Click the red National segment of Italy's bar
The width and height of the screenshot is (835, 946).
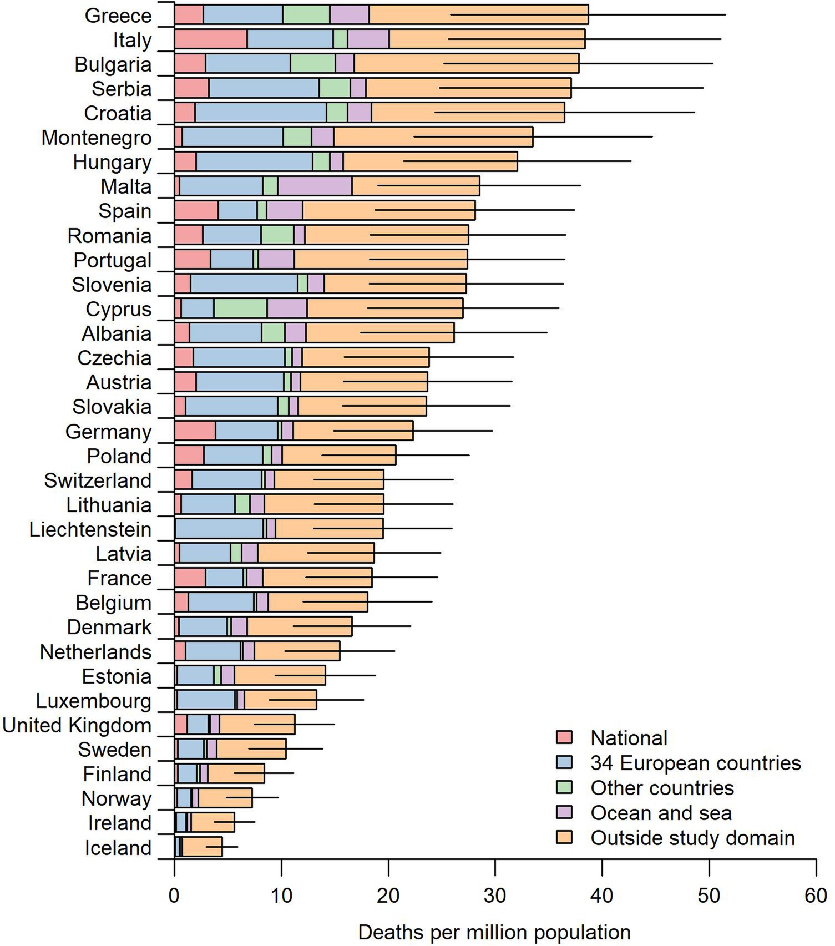tap(210, 39)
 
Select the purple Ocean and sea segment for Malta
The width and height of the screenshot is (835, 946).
tap(315, 186)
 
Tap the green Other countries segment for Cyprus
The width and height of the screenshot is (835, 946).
tap(240, 308)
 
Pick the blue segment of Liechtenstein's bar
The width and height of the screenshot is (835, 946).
tap(219, 528)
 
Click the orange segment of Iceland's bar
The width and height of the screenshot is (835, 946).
tap(203, 847)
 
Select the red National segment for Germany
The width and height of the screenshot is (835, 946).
tap(195, 431)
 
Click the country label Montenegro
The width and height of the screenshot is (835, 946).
tap(97, 138)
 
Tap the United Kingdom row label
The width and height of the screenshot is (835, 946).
tap(77, 725)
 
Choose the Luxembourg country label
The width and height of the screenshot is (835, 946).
tap(93, 701)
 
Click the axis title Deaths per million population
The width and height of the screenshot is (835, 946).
tap(494, 933)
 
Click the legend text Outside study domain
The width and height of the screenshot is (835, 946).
tap(692, 837)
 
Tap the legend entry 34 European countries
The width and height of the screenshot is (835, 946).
tap(696, 763)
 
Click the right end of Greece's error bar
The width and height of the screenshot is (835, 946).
tap(725, 14)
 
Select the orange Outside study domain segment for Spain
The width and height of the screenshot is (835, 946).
tap(388, 210)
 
